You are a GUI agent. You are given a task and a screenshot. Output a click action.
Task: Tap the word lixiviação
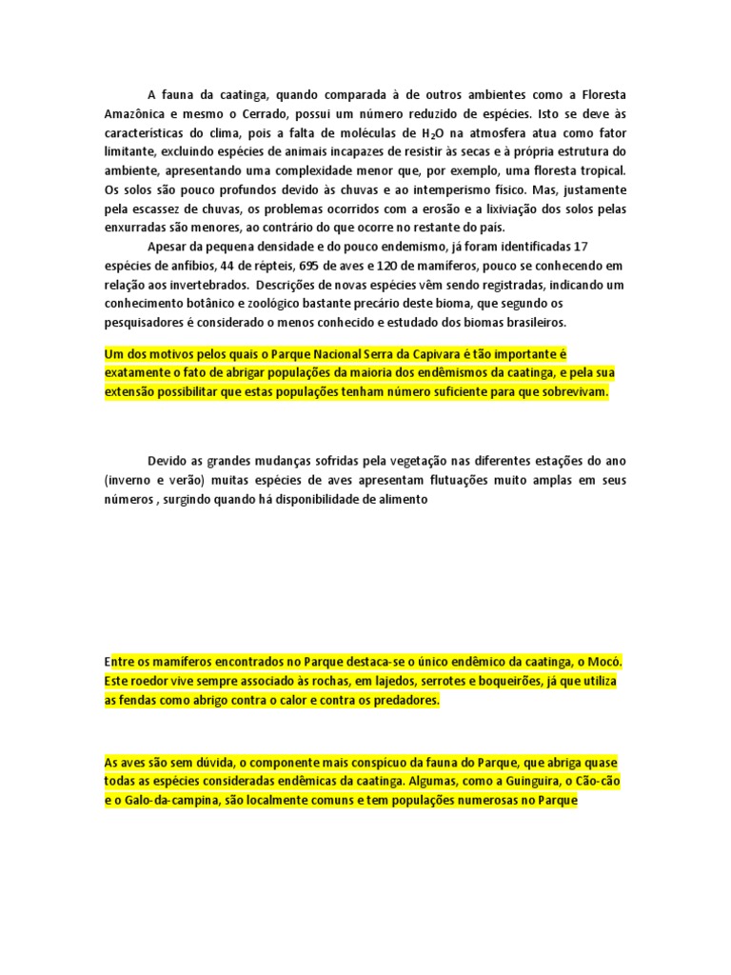click(511, 209)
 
